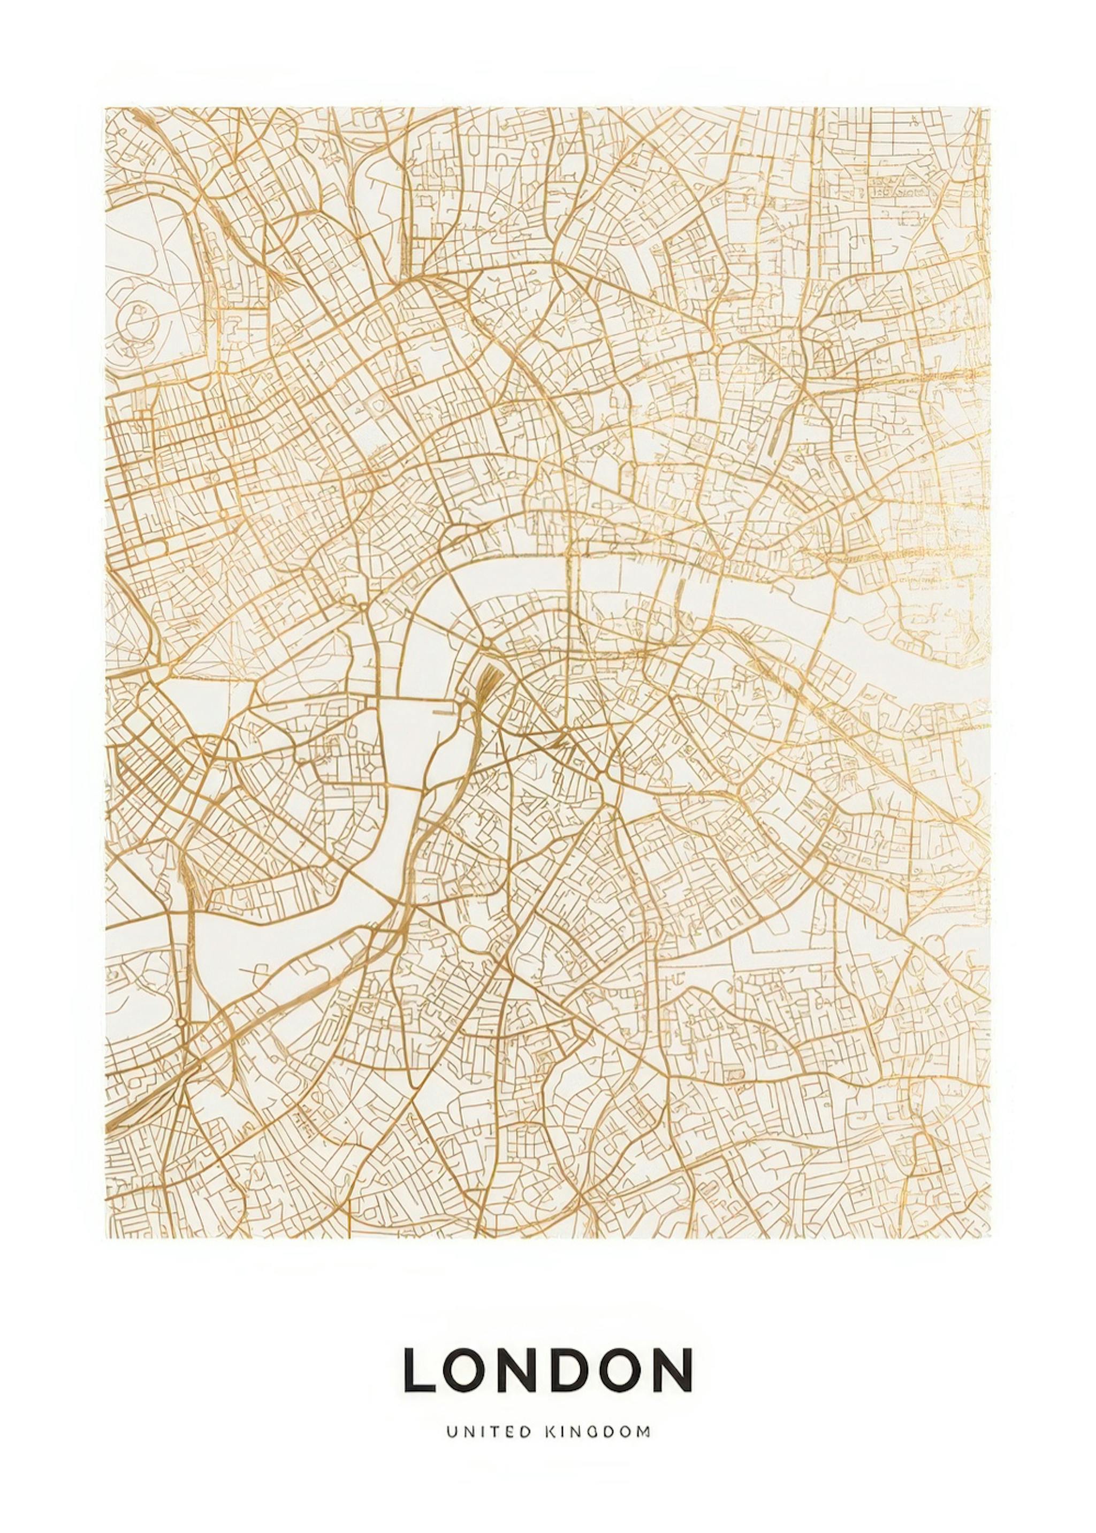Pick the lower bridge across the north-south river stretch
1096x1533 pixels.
405,787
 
